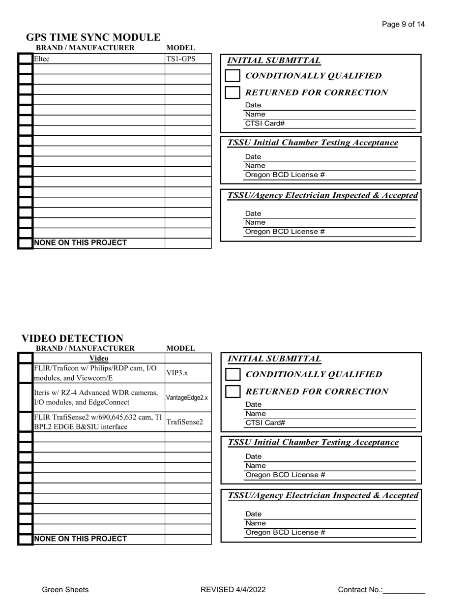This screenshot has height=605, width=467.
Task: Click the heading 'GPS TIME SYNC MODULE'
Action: [x=93, y=37]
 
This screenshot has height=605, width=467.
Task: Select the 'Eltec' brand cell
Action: [x=98, y=59]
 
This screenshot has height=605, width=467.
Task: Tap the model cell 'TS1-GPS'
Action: [x=181, y=59]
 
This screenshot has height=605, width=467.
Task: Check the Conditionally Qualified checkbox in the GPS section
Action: [x=233, y=76]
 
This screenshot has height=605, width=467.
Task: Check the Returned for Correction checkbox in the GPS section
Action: [x=233, y=92]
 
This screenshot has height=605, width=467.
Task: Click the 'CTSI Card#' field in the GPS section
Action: [x=329, y=123]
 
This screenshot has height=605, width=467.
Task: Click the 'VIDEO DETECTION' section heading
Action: [x=72, y=338]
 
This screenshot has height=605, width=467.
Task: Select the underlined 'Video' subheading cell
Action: [x=98, y=358]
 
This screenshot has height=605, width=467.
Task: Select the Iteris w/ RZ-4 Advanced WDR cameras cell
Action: [x=98, y=397]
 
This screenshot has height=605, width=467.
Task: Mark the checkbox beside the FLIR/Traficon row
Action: [x=26, y=373]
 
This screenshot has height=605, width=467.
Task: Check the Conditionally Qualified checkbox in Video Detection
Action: [x=233, y=375]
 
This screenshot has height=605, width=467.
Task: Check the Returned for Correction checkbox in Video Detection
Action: [x=233, y=392]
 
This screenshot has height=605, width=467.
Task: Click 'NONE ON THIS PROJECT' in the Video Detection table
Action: [x=80, y=539]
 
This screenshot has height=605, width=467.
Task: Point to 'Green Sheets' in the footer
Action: [x=65, y=590]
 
